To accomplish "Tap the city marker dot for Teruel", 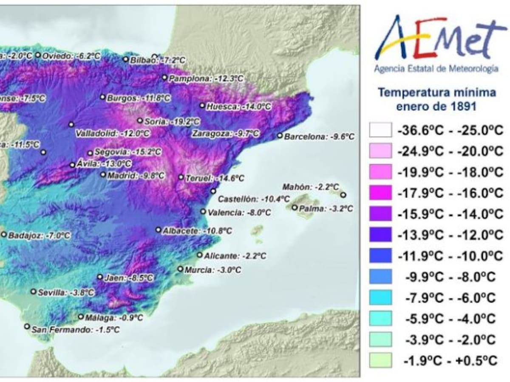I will [x=181, y=177].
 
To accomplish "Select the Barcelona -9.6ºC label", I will [x=319, y=137].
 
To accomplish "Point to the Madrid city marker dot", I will [x=103, y=174].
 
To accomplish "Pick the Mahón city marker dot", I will [x=343, y=195].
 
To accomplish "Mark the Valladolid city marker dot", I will [x=71, y=124].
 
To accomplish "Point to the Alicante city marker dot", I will [x=200, y=255].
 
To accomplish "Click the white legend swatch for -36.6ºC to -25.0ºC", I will [x=380, y=130].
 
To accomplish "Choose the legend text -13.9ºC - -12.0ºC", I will [x=450, y=235].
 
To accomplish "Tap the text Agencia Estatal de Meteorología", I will [x=436, y=69].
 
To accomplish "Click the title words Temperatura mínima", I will [x=436, y=93].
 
